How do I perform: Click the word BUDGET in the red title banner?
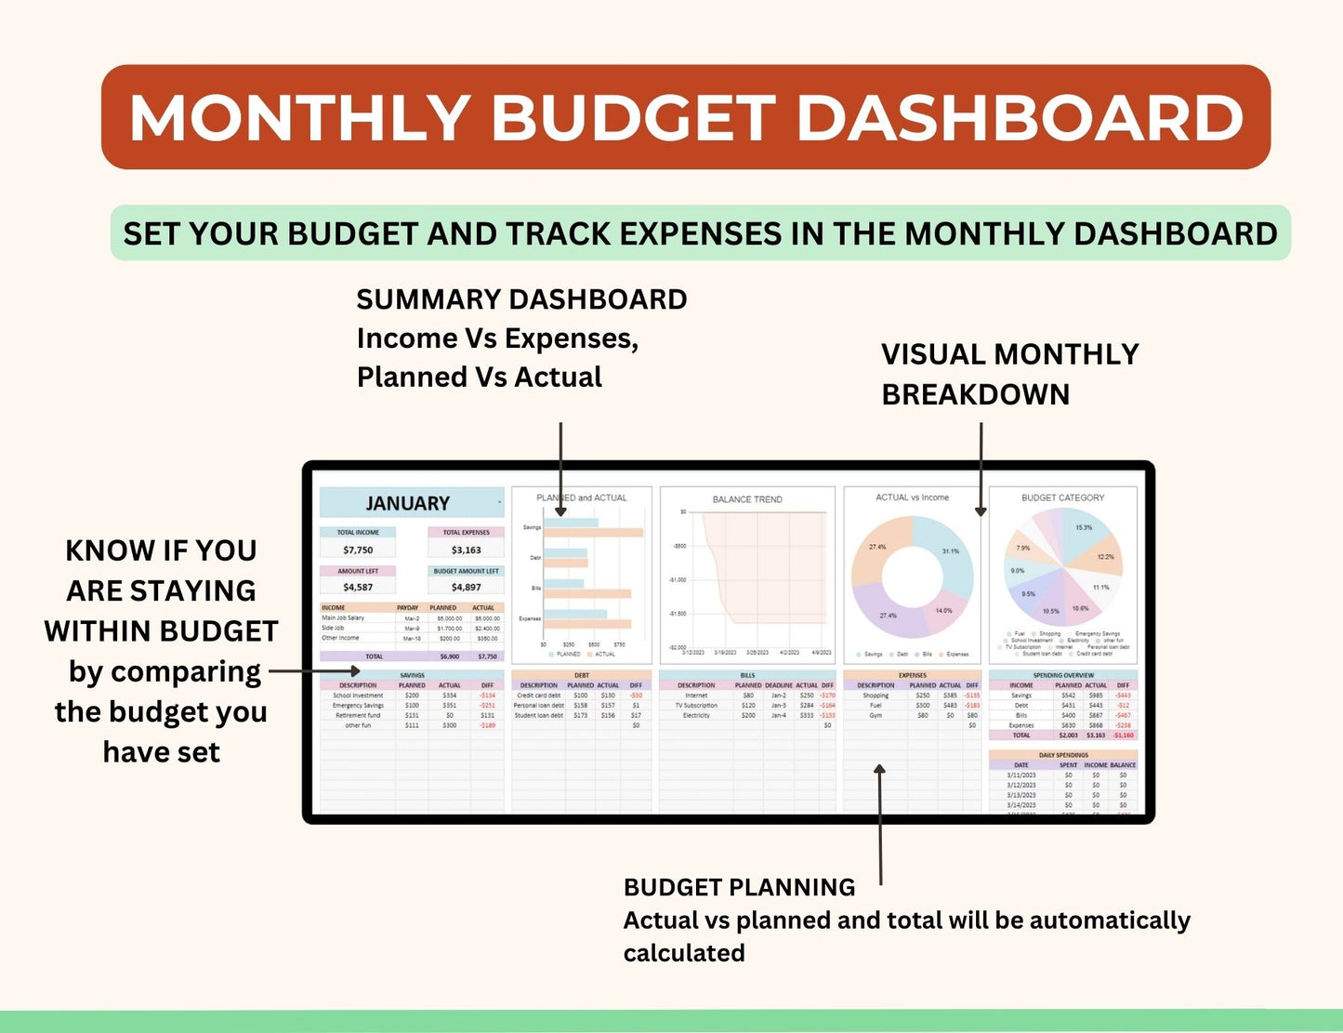tap(632, 118)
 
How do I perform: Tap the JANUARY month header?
tap(407, 503)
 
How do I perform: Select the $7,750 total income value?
tap(358, 550)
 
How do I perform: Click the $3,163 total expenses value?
tap(466, 550)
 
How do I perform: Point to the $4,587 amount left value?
tap(358, 587)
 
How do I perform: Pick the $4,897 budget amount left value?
tap(466, 587)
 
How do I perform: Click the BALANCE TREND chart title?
tap(747, 499)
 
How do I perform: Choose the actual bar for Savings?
tap(593, 533)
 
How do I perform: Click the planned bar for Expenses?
tap(574, 614)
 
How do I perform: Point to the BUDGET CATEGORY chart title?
tap(1062, 497)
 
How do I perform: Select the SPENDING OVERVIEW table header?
tap(1062, 675)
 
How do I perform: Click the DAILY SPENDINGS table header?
tap(1062, 755)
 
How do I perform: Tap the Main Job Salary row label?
tap(343, 617)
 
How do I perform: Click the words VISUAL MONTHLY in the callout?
tap(1009, 354)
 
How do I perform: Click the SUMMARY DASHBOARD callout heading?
tap(521, 299)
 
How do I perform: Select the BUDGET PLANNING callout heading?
tap(739, 887)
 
